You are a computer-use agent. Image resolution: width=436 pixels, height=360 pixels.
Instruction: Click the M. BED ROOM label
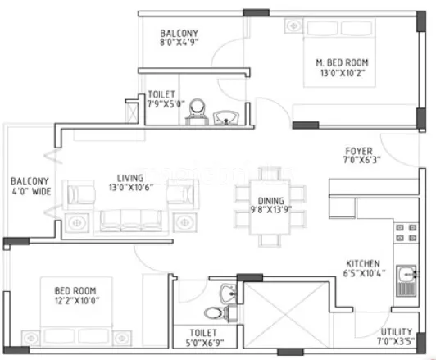pyautogui.click(x=342, y=62)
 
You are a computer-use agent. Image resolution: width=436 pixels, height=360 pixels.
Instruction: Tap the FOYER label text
pyautogui.click(x=358, y=152)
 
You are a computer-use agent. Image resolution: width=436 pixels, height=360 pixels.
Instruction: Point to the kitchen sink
pyautogui.click(x=405, y=280)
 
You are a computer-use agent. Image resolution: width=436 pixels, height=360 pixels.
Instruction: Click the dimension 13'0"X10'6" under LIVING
pyautogui.click(x=129, y=188)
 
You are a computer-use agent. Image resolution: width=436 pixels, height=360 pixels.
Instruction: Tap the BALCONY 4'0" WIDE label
pyautogui.click(x=30, y=187)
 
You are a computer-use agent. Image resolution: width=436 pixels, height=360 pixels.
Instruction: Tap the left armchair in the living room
pyautogui.click(x=79, y=194)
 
